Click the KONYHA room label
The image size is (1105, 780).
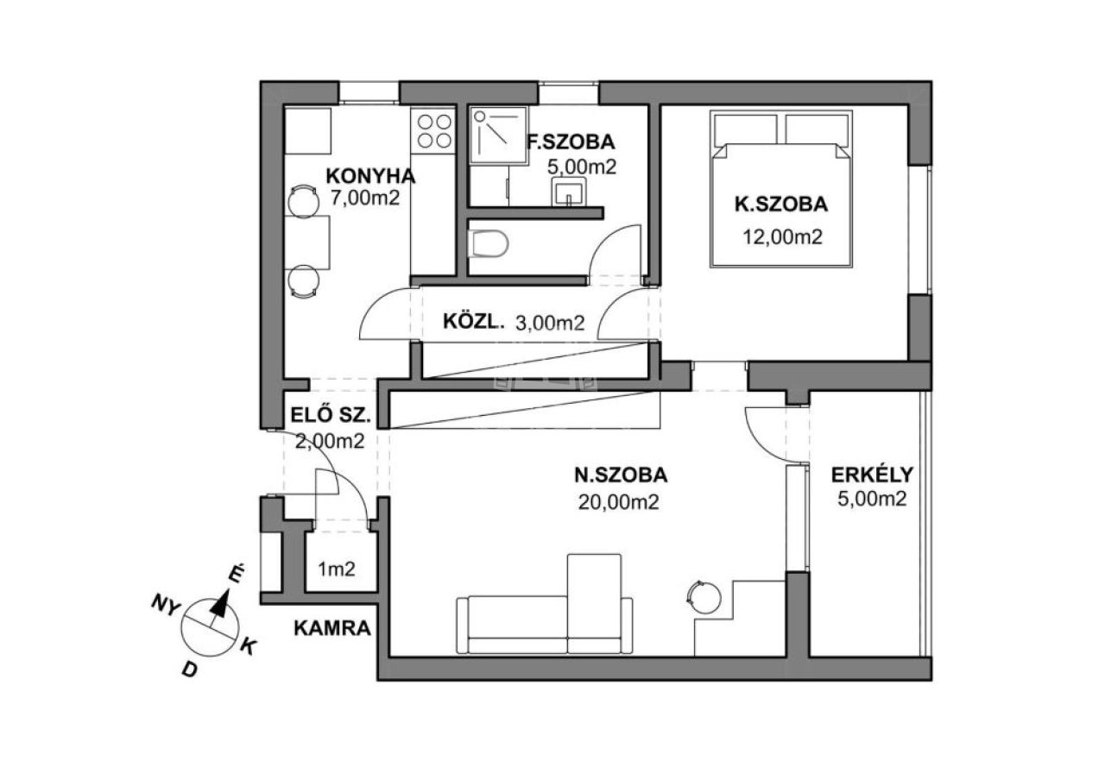tap(370, 176)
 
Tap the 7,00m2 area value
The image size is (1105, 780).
tap(364, 198)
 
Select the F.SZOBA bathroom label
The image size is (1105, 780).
tap(571, 142)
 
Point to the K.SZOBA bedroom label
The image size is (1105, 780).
tap(781, 204)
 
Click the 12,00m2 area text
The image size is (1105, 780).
tap(783, 237)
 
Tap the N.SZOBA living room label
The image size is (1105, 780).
tap(621, 475)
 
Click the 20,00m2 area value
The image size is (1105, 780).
tap(619, 502)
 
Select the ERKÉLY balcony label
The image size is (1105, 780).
tap(873, 475)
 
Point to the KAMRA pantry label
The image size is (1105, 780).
tap(332, 629)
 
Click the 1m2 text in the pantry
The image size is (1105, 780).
tap(337, 569)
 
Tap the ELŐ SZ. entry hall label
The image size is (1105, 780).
tap(330, 415)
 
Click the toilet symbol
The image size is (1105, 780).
tap(489, 244)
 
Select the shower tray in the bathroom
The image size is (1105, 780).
tap(498, 135)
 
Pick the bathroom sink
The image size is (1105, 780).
tap(569, 192)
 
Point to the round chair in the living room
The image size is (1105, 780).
tap(704, 598)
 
